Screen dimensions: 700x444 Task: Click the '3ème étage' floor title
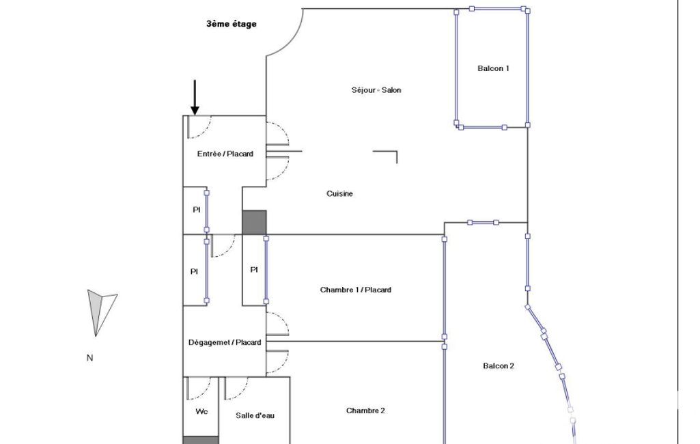click(x=232, y=24)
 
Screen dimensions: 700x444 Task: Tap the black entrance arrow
click(x=195, y=98)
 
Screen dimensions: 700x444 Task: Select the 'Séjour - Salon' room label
click(x=376, y=89)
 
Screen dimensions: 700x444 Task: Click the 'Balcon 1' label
click(x=493, y=68)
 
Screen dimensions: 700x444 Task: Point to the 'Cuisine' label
click(x=339, y=193)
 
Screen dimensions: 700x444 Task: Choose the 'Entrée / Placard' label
click(x=225, y=154)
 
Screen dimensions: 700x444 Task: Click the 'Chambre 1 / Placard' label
click(x=356, y=290)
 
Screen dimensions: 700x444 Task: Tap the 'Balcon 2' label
click(x=499, y=366)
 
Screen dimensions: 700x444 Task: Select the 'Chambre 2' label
click(x=365, y=411)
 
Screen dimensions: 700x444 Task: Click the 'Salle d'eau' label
click(x=255, y=415)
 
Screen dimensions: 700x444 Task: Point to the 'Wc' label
click(x=201, y=411)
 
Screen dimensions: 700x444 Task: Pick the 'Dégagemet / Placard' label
click(x=225, y=343)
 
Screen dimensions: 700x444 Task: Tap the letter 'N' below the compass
click(x=89, y=358)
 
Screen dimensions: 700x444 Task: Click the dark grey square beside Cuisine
click(x=255, y=223)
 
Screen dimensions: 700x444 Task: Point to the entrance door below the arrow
click(x=199, y=126)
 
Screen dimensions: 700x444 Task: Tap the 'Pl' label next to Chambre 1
click(x=254, y=270)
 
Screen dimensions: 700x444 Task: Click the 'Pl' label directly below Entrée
click(x=197, y=210)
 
